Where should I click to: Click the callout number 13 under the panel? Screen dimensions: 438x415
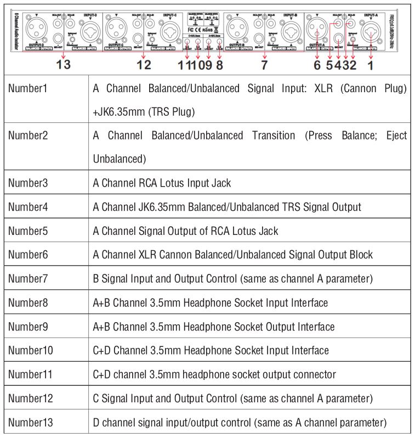click(x=64, y=65)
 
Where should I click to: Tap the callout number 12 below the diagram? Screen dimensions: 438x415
click(x=144, y=65)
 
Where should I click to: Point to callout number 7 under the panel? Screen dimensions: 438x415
click(x=264, y=65)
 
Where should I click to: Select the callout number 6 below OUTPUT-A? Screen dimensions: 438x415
click(x=317, y=65)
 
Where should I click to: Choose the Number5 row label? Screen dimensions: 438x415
click(x=29, y=231)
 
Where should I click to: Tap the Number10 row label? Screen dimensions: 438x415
click(x=31, y=350)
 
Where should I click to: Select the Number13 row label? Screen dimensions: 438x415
click(x=31, y=422)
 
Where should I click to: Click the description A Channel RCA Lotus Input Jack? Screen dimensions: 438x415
click(x=162, y=183)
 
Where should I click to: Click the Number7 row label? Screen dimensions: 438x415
click(x=29, y=279)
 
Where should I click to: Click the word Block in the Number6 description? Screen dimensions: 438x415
click(x=363, y=255)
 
